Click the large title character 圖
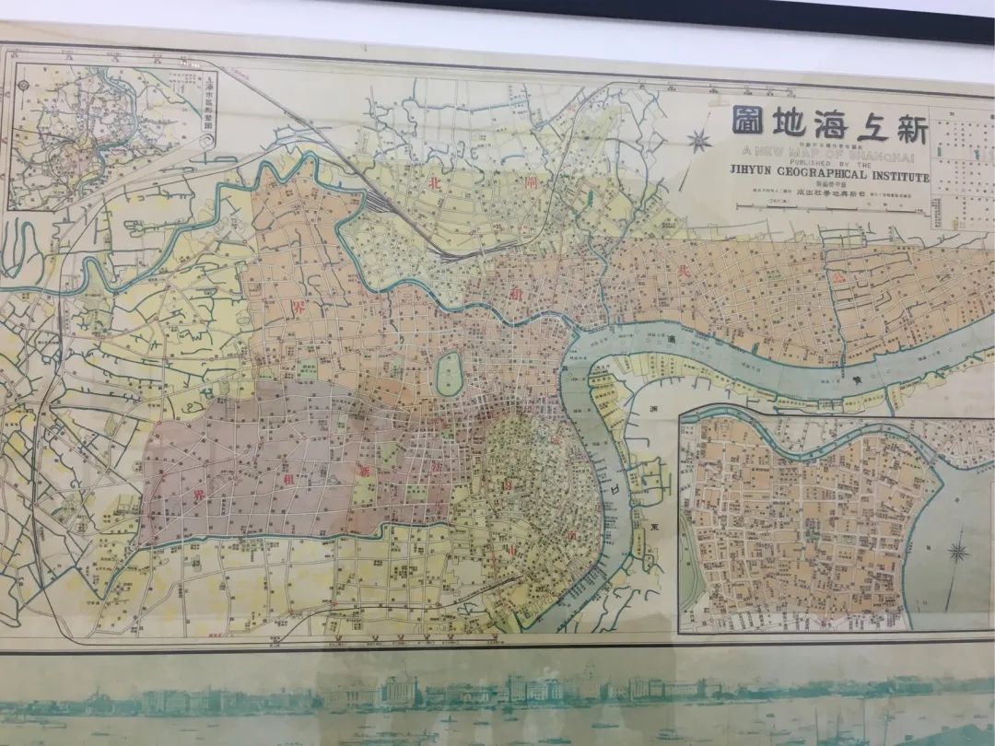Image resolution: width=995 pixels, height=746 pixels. [748, 121]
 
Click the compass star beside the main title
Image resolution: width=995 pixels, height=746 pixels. [699, 141]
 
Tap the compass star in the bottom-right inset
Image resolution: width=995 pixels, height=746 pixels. [958, 553]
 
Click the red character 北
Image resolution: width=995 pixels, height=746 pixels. [434, 182]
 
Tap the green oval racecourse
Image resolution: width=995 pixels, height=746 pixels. [449, 374]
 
